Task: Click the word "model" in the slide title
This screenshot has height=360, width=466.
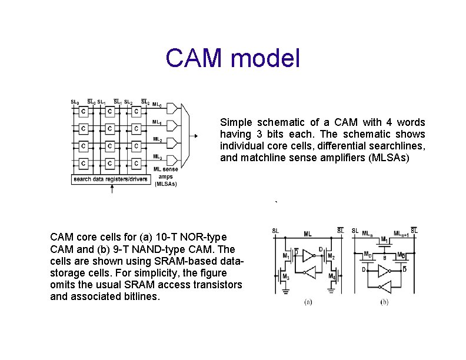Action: point(267,59)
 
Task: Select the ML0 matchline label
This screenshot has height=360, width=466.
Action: point(158,106)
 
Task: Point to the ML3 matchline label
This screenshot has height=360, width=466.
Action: point(158,157)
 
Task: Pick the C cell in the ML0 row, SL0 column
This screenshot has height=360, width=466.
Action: point(84,111)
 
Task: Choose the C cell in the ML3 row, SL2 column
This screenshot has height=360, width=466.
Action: point(136,164)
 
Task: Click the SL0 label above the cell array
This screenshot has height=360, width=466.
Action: point(75,102)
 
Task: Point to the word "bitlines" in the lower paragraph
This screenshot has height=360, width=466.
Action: point(139,297)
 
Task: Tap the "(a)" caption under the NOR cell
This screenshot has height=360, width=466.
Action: point(308,302)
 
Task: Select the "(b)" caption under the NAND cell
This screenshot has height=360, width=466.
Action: point(384,302)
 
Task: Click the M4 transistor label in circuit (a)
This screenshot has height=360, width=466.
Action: point(332,276)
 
